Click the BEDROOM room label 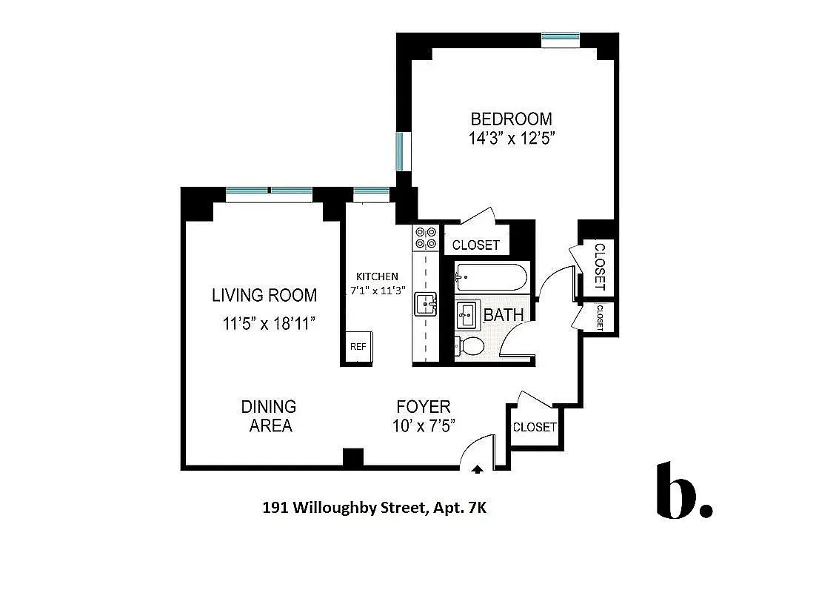coord(511,119)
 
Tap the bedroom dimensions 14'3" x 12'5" coord(511,138)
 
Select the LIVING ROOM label coord(264,295)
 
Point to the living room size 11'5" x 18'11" coord(270,324)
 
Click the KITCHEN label coord(377,276)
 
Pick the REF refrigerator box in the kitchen coord(358,346)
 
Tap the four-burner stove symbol coord(426,237)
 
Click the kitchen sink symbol coord(425,302)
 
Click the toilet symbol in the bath coord(469,345)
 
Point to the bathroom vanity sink coord(467,315)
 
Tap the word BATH coord(504,315)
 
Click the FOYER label coord(423,406)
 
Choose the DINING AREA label coord(268,416)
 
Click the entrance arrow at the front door coord(478,468)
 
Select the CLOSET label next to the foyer coord(534,427)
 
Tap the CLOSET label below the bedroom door coord(475,245)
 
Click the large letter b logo coord(675,491)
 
